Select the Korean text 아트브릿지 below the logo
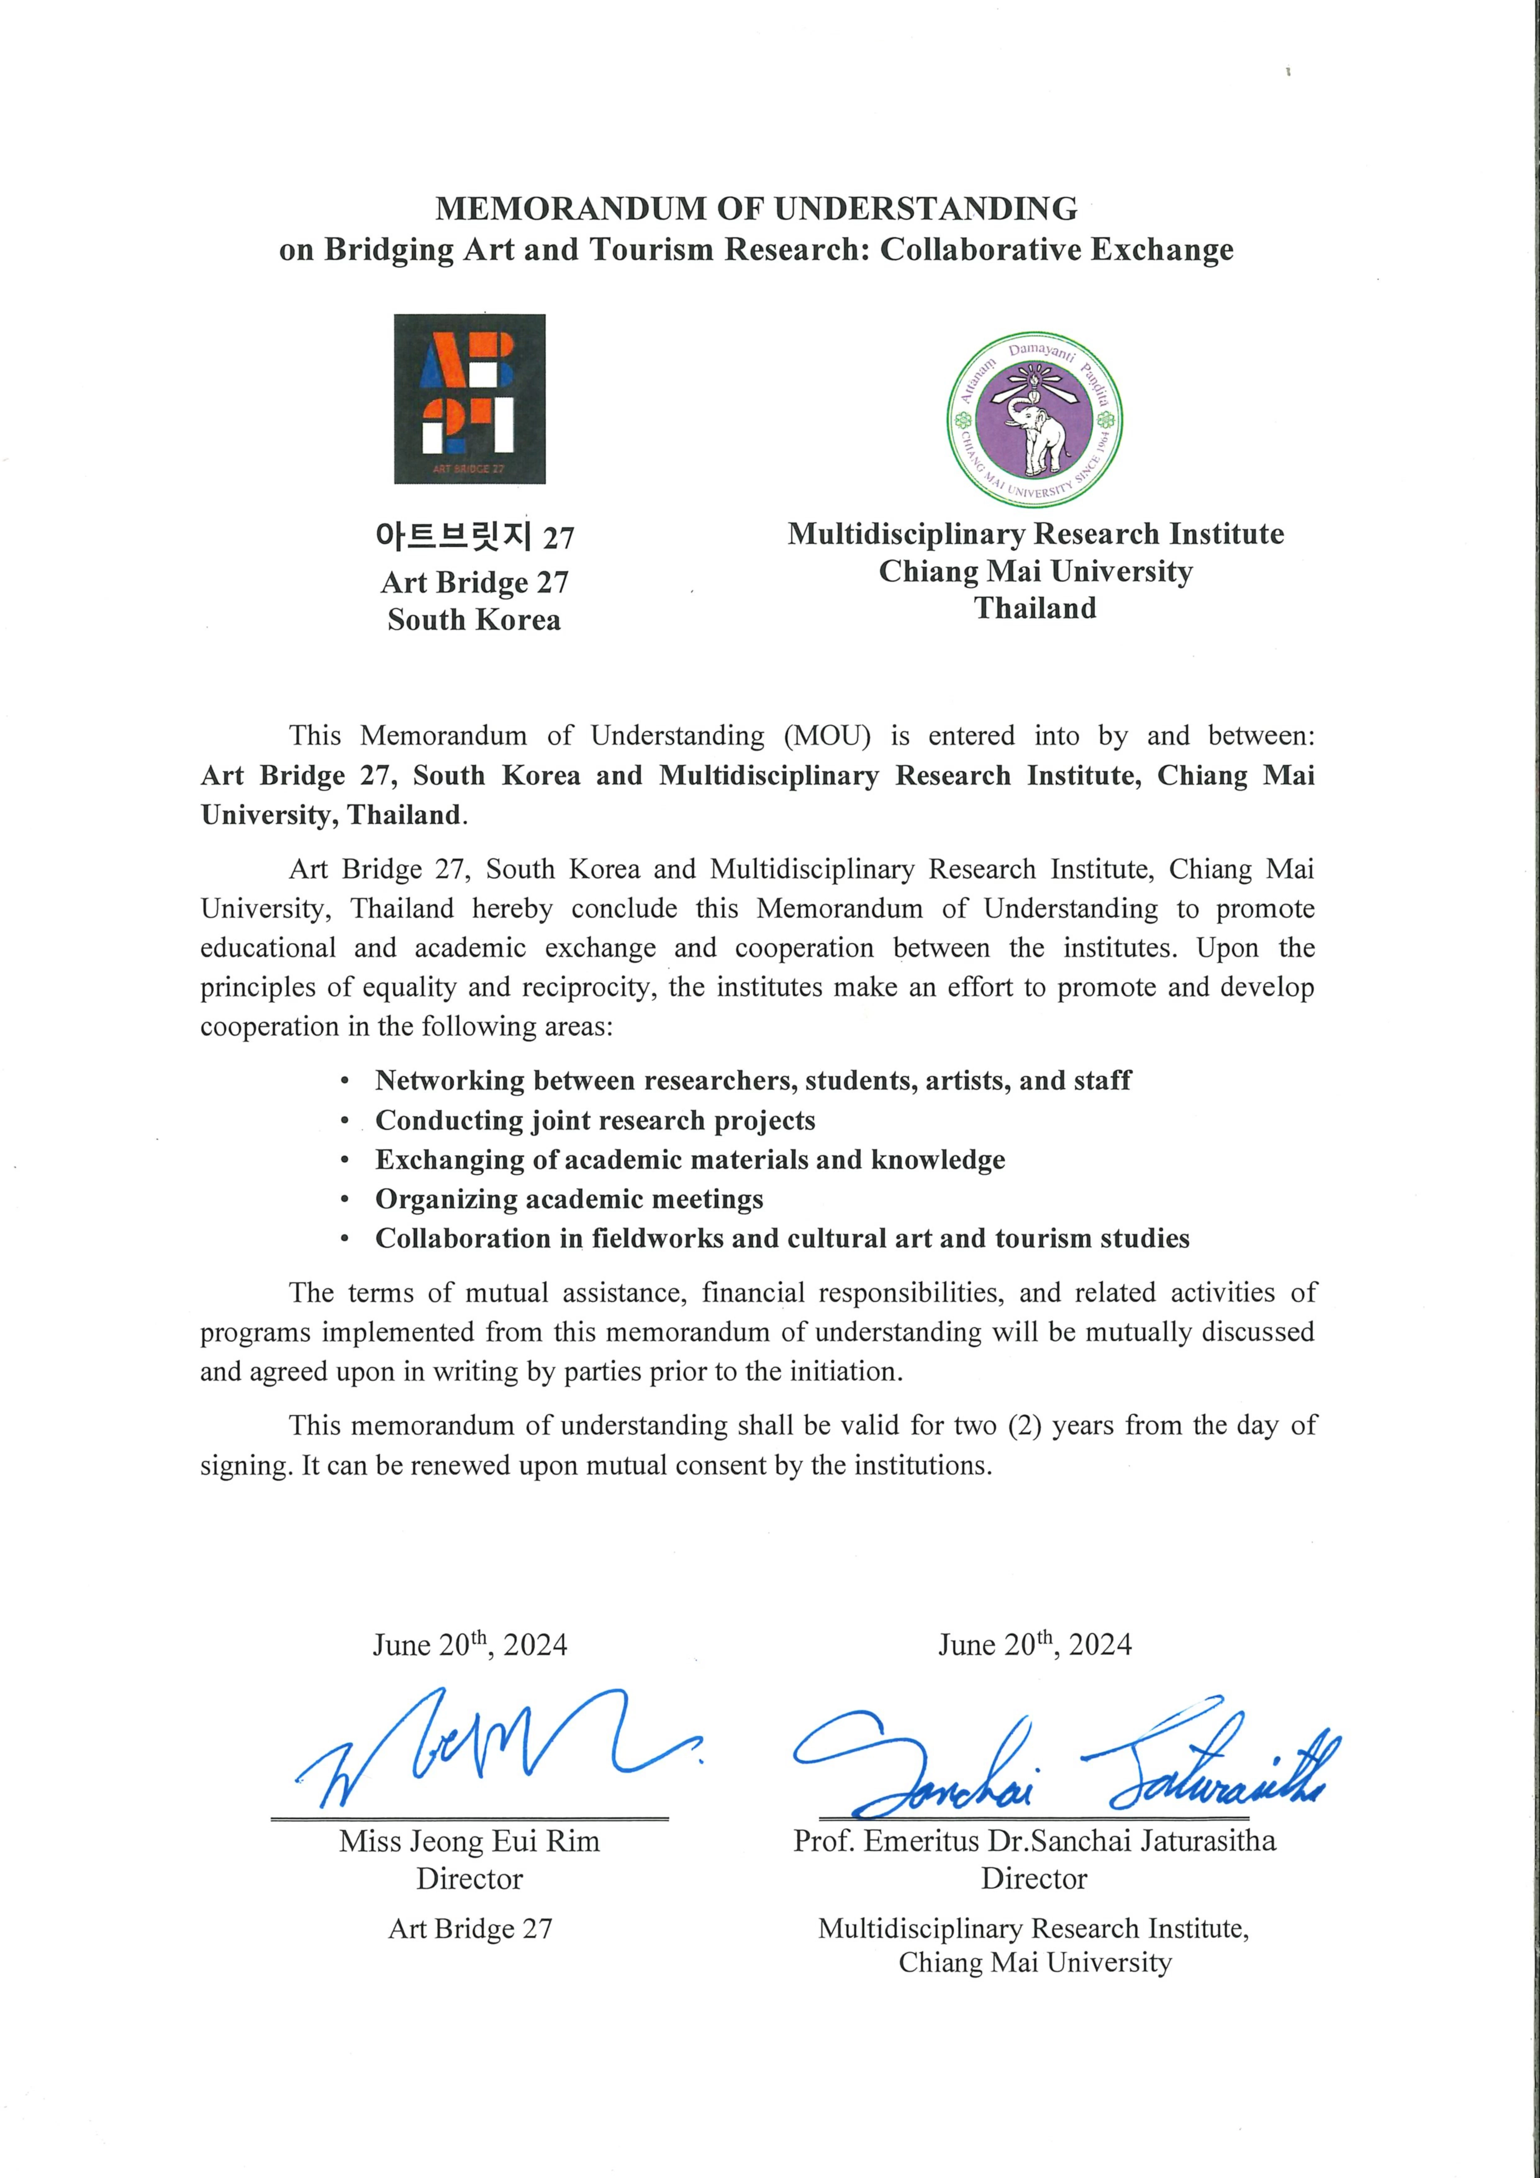[454, 537]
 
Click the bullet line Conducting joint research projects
[595, 1120]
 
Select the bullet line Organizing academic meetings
[569, 1199]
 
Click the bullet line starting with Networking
[752, 1080]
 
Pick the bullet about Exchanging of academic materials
[690, 1159]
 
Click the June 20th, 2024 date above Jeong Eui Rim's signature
[470, 1644]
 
